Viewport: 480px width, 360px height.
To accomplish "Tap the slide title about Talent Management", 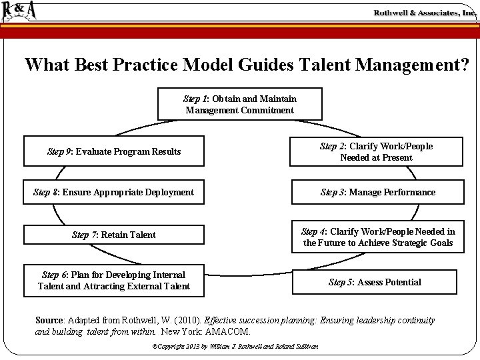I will tap(246, 65).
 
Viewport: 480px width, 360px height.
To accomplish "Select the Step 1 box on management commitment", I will tap(239, 104).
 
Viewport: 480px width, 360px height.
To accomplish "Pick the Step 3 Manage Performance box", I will tap(377, 192).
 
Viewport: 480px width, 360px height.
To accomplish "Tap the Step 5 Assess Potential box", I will tap(375, 282).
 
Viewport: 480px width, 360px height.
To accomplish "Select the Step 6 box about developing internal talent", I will tap(113, 281).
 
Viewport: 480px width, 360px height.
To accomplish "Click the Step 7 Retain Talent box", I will tap(113, 235).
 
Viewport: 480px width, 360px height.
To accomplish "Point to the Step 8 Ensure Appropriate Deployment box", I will tap(113, 192).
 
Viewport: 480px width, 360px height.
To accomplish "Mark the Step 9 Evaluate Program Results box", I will tap(113, 151).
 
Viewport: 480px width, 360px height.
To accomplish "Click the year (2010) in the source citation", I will tap(189, 321).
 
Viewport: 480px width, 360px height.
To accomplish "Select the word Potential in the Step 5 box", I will tap(399, 282).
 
